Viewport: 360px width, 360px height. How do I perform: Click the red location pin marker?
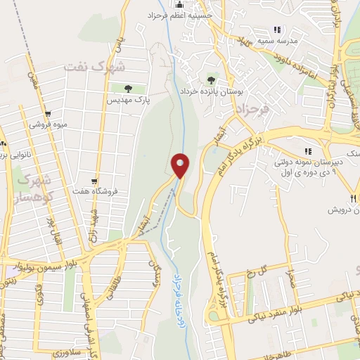[x=180, y=166]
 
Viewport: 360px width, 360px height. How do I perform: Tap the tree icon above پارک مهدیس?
[x=128, y=89]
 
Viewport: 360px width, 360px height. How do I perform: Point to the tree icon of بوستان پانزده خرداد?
[x=212, y=79]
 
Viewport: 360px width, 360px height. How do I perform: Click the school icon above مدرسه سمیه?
[x=277, y=30]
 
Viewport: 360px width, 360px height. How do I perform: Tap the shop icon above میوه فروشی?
[x=48, y=113]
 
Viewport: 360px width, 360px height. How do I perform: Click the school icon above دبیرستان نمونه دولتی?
[x=307, y=151]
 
